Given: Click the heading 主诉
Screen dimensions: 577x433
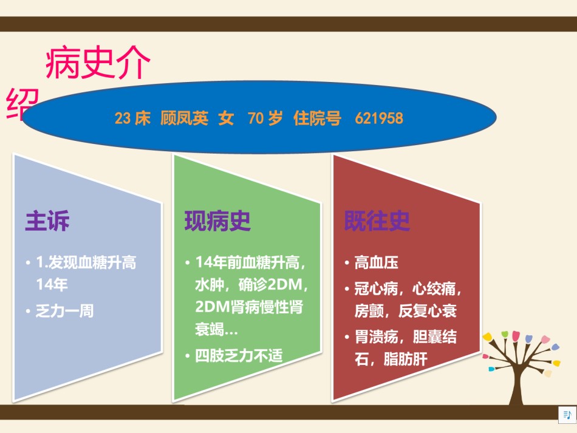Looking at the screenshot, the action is click(47, 220).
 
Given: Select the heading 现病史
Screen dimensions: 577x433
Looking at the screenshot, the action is click(217, 221).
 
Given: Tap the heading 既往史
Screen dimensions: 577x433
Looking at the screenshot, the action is click(377, 220).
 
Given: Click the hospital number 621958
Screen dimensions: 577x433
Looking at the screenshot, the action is click(379, 118).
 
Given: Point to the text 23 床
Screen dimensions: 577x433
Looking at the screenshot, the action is click(132, 118).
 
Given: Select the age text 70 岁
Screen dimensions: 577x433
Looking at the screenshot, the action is click(265, 118).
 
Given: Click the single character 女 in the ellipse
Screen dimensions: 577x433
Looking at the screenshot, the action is click(226, 118).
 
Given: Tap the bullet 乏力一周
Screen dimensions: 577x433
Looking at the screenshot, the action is click(65, 311).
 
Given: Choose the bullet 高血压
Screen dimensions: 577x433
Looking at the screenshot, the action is click(377, 263).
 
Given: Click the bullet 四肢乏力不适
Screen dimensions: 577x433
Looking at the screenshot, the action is click(239, 356).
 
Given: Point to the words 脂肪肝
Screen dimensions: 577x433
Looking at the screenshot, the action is click(406, 359).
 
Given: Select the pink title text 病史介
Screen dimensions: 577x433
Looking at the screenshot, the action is click(98, 63).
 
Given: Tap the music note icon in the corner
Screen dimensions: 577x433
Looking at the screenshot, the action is click(567, 415).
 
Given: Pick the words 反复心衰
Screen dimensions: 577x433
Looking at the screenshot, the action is click(428, 311).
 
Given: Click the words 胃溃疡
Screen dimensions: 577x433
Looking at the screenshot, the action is click(377, 336).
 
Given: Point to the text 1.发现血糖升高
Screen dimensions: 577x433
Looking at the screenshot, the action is click(86, 263).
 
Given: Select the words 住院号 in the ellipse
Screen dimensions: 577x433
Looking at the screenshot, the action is click(317, 118).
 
